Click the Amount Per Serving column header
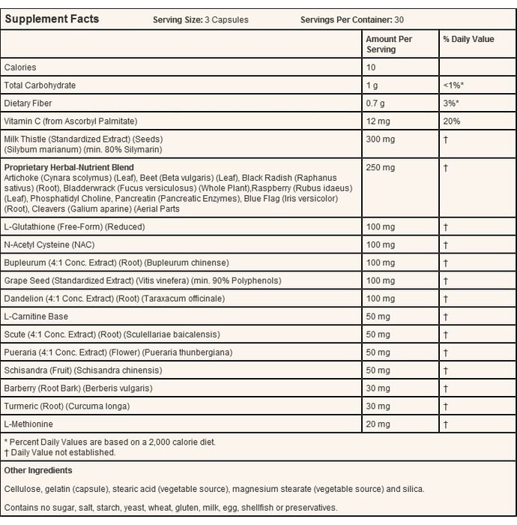tap(388, 43)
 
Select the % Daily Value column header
tap(468, 39)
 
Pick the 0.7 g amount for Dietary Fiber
tap(375, 103)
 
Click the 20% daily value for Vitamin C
tap(452, 121)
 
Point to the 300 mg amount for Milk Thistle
tap(380, 139)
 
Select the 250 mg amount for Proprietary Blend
tap(380, 168)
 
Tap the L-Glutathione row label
tap(74, 226)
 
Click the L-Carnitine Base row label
tap(36, 316)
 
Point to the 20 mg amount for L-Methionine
tap(378, 424)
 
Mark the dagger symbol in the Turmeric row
tap(445, 406)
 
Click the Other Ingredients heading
tap(38, 471)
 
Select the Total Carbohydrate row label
tap(40, 85)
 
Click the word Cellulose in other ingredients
tap(22, 489)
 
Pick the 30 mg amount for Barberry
tap(378, 388)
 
